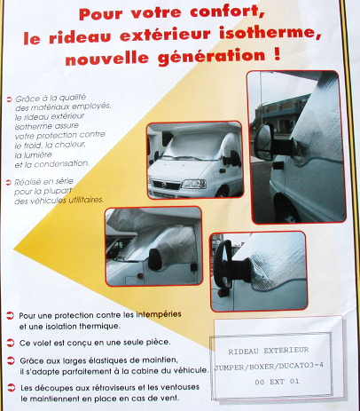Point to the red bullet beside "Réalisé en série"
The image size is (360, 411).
(x=7, y=179)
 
